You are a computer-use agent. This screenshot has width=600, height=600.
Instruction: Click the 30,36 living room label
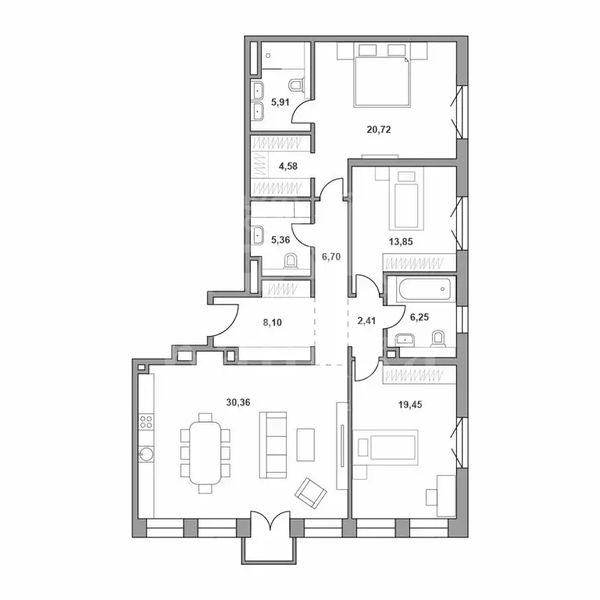tap(239, 403)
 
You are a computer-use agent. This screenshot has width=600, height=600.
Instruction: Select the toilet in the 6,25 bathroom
tap(438, 339)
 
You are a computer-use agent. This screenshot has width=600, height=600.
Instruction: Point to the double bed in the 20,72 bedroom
tap(383, 79)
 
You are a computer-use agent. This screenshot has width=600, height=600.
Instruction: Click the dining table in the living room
tap(205, 452)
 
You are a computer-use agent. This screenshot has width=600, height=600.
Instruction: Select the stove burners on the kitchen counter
tap(145, 422)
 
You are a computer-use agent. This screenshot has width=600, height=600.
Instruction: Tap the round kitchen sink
tap(145, 454)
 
